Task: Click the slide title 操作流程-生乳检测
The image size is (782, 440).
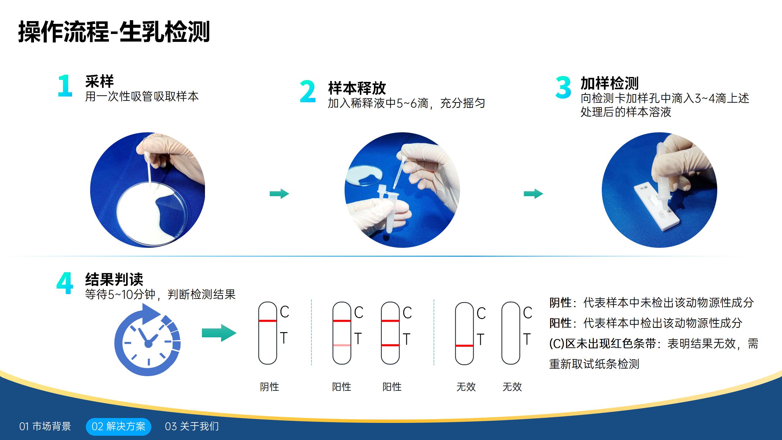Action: click(114, 32)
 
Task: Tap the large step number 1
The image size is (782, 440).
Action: click(65, 86)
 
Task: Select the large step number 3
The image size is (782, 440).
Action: click(563, 87)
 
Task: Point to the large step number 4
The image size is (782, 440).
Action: click(65, 283)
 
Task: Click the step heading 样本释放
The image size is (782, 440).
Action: click(357, 88)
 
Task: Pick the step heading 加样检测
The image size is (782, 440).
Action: click(609, 83)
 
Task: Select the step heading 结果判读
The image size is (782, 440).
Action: click(114, 279)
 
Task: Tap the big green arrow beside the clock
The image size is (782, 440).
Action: click(219, 333)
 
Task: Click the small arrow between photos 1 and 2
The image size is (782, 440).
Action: click(279, 194)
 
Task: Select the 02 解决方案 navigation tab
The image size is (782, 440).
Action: click(119, 427)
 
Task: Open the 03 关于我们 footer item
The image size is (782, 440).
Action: click(192, 427)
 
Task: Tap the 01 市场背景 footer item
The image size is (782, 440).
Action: click(45, 427)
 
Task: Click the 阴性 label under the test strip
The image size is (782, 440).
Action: click(269, 387)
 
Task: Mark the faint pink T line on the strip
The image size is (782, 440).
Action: click(342, 345)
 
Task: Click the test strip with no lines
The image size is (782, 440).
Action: click(510, 333)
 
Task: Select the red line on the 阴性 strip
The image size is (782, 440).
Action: click(268, 321)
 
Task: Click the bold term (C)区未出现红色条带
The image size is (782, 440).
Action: click(602, 344)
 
